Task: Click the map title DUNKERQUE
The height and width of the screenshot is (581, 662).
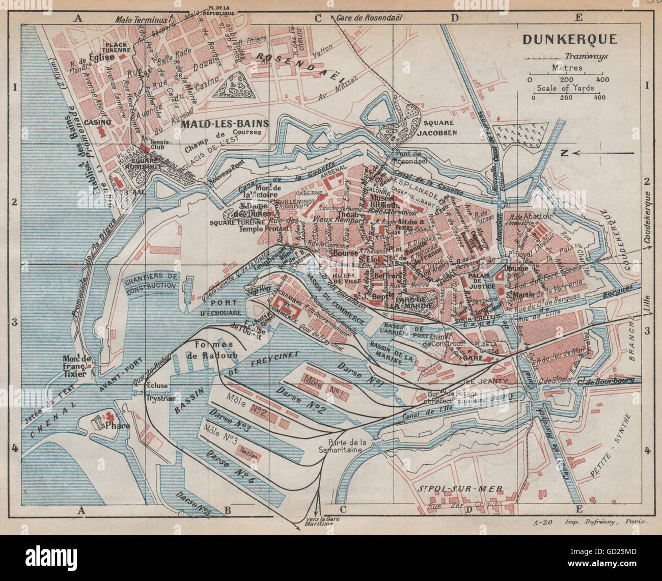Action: [x=570, y=39]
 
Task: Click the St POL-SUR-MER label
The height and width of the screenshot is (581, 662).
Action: [x=460, y=489]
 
